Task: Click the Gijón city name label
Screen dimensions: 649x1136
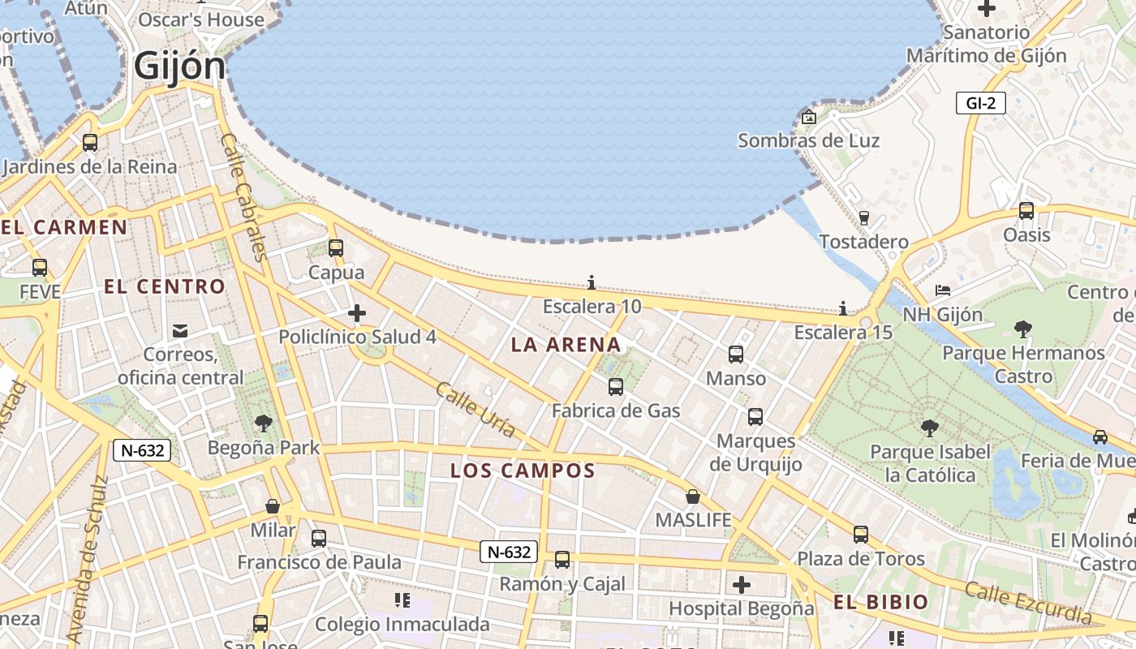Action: tap(179, 66)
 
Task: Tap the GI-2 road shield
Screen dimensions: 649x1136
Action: tap(980, 103)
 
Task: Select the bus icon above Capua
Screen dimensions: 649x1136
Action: tap(335, 248)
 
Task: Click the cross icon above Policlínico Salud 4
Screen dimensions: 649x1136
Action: tap(356, 312)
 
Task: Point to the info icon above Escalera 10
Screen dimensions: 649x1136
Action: tap(592, 282)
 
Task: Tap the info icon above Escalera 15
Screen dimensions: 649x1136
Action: tap(843, 308)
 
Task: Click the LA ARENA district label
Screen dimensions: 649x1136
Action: tap(566, 345)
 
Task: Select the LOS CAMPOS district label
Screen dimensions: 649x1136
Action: tap(523, 471)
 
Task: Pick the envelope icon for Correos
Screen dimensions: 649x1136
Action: tap(179, 331)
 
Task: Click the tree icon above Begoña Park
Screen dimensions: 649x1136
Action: tap(263, 423)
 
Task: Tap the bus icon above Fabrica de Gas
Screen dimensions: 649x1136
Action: tap(616, 386)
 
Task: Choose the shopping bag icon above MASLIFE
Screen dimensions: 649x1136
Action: tap(693, 496)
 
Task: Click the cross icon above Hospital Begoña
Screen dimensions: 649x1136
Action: tap(742, 584)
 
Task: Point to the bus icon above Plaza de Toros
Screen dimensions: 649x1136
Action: tap(861, 535)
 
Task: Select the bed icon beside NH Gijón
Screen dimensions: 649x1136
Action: tap(942, 290)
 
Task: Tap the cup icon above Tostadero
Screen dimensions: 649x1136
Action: tap(863, 217)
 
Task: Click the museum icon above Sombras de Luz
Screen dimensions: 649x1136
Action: tap(808, 117)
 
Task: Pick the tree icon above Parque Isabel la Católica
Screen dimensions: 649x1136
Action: tap(930, 428)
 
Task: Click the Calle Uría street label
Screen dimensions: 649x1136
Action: tap(475, 410)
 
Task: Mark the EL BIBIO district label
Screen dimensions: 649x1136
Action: tap(880, 602)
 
